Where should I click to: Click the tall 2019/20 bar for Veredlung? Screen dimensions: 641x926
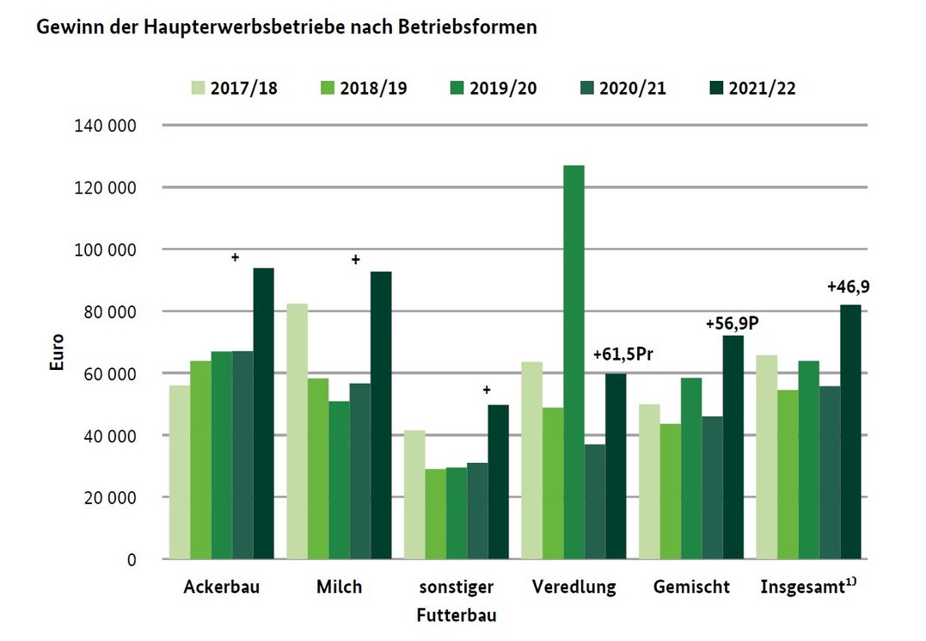(x=573, y=361)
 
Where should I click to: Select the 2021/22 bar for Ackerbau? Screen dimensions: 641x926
(x=263, y=413)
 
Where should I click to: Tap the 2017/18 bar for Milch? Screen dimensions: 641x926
(x=297, y=430)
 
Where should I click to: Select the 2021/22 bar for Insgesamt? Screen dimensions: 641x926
(x=850, y=431)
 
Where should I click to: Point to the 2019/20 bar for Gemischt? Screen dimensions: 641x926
(x=691, y=468)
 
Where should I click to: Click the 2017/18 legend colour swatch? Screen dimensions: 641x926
(x=197, y=88)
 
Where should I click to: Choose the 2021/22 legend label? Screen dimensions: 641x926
(x=762, y=88)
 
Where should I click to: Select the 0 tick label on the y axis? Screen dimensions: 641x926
(x=132, y=559)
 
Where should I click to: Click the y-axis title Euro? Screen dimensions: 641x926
(x=57, y=352)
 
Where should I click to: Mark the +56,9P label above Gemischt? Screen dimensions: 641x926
(x=736, y=324)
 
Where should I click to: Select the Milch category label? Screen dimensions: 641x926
(x=339, y=588)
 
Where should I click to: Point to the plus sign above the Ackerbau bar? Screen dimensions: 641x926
(x=234, y=256)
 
